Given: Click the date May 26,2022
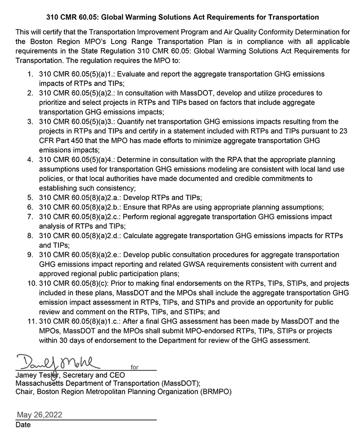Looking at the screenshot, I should tap(40, 415).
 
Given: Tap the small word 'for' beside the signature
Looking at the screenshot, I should tap(135, 367).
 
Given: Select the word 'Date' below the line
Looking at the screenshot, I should tap(23, 425).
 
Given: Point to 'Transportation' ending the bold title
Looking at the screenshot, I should tap(293, 17).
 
